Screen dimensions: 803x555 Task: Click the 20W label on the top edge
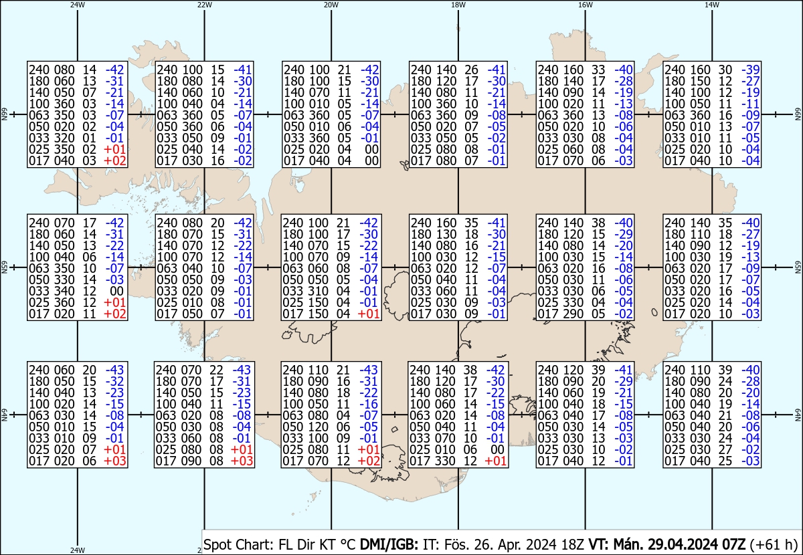pyautogui.click(x=331, y=5)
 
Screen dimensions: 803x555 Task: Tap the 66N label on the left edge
pyautogui.click(x=4, y=114)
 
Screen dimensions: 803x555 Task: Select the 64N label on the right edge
pyautogui.click(x=798, y=415)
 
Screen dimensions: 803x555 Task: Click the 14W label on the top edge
pyautogui.click(x=712, y=5)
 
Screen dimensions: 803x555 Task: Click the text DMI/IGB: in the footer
pyautogui.click(x=389, y=544)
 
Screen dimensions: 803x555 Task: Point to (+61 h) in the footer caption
pyautogui.click(x=773, y=544)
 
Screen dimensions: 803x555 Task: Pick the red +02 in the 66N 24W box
pyautogui.click(x=114, y=161)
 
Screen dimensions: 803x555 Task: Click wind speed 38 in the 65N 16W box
pyautogui.click(x=598, y=223)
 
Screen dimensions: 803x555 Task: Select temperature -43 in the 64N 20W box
pyautogui.click(x=369, y=370)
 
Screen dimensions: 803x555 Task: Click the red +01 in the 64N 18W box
pyautogui.click(x=495, y=461)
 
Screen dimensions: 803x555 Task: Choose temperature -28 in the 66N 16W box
pyautogui.click(x=624, y=81)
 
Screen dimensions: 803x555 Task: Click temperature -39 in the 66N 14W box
pyautogui.click(x=751, y=70)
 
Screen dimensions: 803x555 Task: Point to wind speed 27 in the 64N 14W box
pyautogui.click(x=725, y=449)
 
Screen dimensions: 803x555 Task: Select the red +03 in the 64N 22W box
pyautogui.click(x=242, y=461)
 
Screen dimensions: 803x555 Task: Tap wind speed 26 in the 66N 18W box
pyautogui.click(x=471, y=70)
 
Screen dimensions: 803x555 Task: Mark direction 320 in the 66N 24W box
pyautogui.click(x=64, y=138)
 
